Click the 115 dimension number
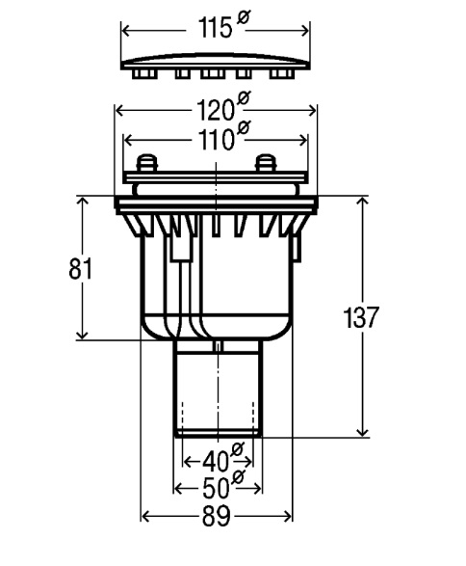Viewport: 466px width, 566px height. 215,28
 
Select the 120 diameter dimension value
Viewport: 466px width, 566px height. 216,110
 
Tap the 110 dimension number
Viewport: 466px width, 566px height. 215,140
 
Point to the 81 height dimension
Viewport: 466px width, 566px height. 81,269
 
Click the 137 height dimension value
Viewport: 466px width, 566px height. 361,317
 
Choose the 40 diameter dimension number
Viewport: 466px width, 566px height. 216,462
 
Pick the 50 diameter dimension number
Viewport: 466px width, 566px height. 216,489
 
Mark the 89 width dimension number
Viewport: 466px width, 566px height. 216,517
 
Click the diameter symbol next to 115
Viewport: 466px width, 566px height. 244,18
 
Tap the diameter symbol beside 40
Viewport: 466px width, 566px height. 238,449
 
